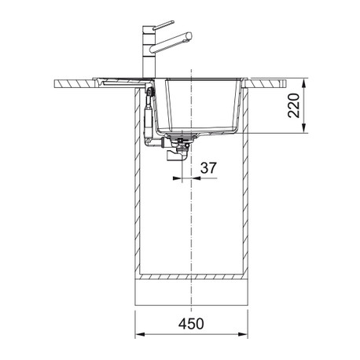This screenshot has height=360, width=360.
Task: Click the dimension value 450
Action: point(191,324)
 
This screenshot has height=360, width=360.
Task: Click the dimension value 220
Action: point(294,105)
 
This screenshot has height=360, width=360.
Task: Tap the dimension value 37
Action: point(208,167)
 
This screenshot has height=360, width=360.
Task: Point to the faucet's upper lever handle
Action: point(163,25)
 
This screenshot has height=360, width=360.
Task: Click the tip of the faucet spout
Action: point(189,36)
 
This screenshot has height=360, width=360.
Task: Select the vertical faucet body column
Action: point(149,52)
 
